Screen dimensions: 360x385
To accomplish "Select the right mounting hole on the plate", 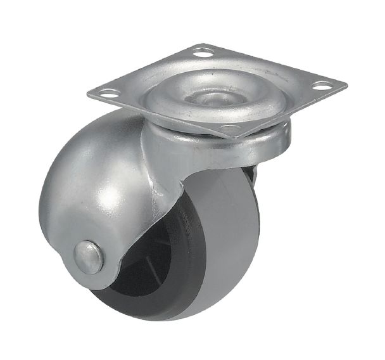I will tap(324, 84).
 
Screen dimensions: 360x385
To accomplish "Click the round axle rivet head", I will tap(85, 254).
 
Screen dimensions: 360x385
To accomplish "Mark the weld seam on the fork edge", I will tap(161, 184).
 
